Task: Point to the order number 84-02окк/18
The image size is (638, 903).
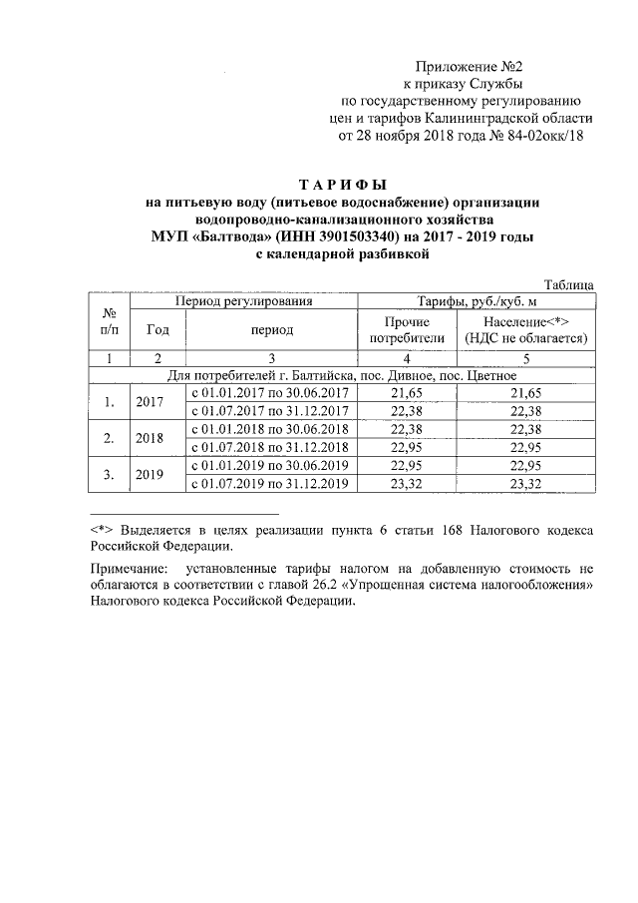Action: pyautogui.click(x=543, y=136)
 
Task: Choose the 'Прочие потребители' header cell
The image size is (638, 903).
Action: pyautogui.click(x=407, y=329)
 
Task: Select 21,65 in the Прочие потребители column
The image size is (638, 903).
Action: pyautogui.click(x=407, y=394)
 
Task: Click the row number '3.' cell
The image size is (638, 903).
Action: pyautogui.click(x=110, y=475)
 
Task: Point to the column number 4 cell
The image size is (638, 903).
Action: pyautogui.click(x=407, y=358)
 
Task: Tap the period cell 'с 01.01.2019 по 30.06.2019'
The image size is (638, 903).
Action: pyautogui.click(x=273, y=466)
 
